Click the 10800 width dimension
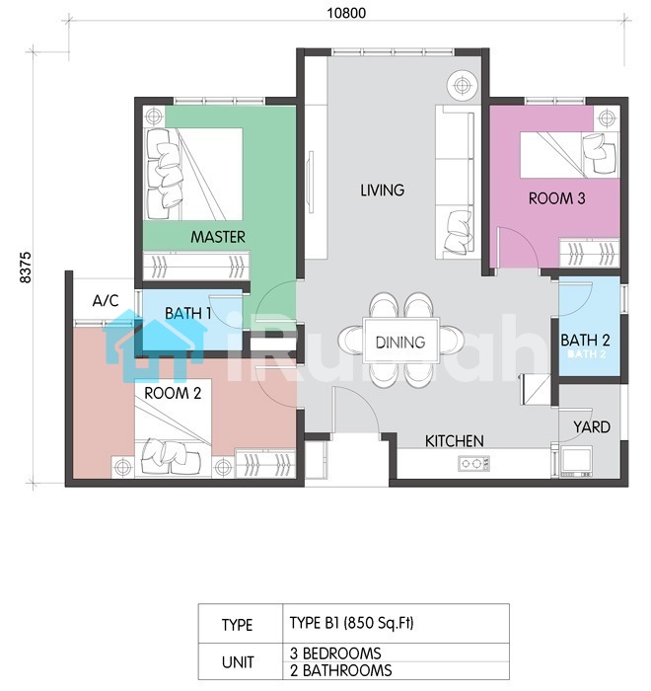(346, 13)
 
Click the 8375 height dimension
(26, 268)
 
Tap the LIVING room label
(383, 191)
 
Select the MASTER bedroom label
(218, 237)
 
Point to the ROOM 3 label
(556, 198)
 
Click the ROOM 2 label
(173, 393)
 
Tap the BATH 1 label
(188, 313)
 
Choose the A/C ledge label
(106, 301)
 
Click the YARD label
(592, 427)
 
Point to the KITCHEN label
(454, 441)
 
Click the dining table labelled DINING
(400, 341)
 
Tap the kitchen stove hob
(473, 463)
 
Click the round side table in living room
(462, 85)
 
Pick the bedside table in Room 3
(607, 118)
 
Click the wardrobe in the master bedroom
(196, 266)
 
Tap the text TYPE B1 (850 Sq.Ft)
(351, 623)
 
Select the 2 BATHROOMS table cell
(396, 670)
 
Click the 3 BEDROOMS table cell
(396, 653)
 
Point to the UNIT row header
(238, 662)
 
